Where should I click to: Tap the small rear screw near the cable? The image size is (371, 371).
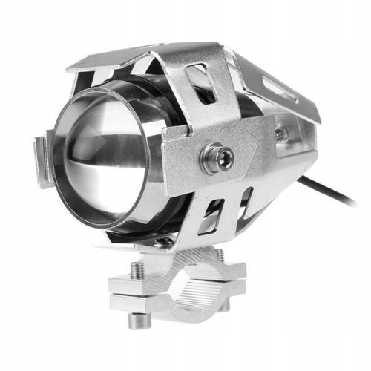[x=280, y=134]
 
